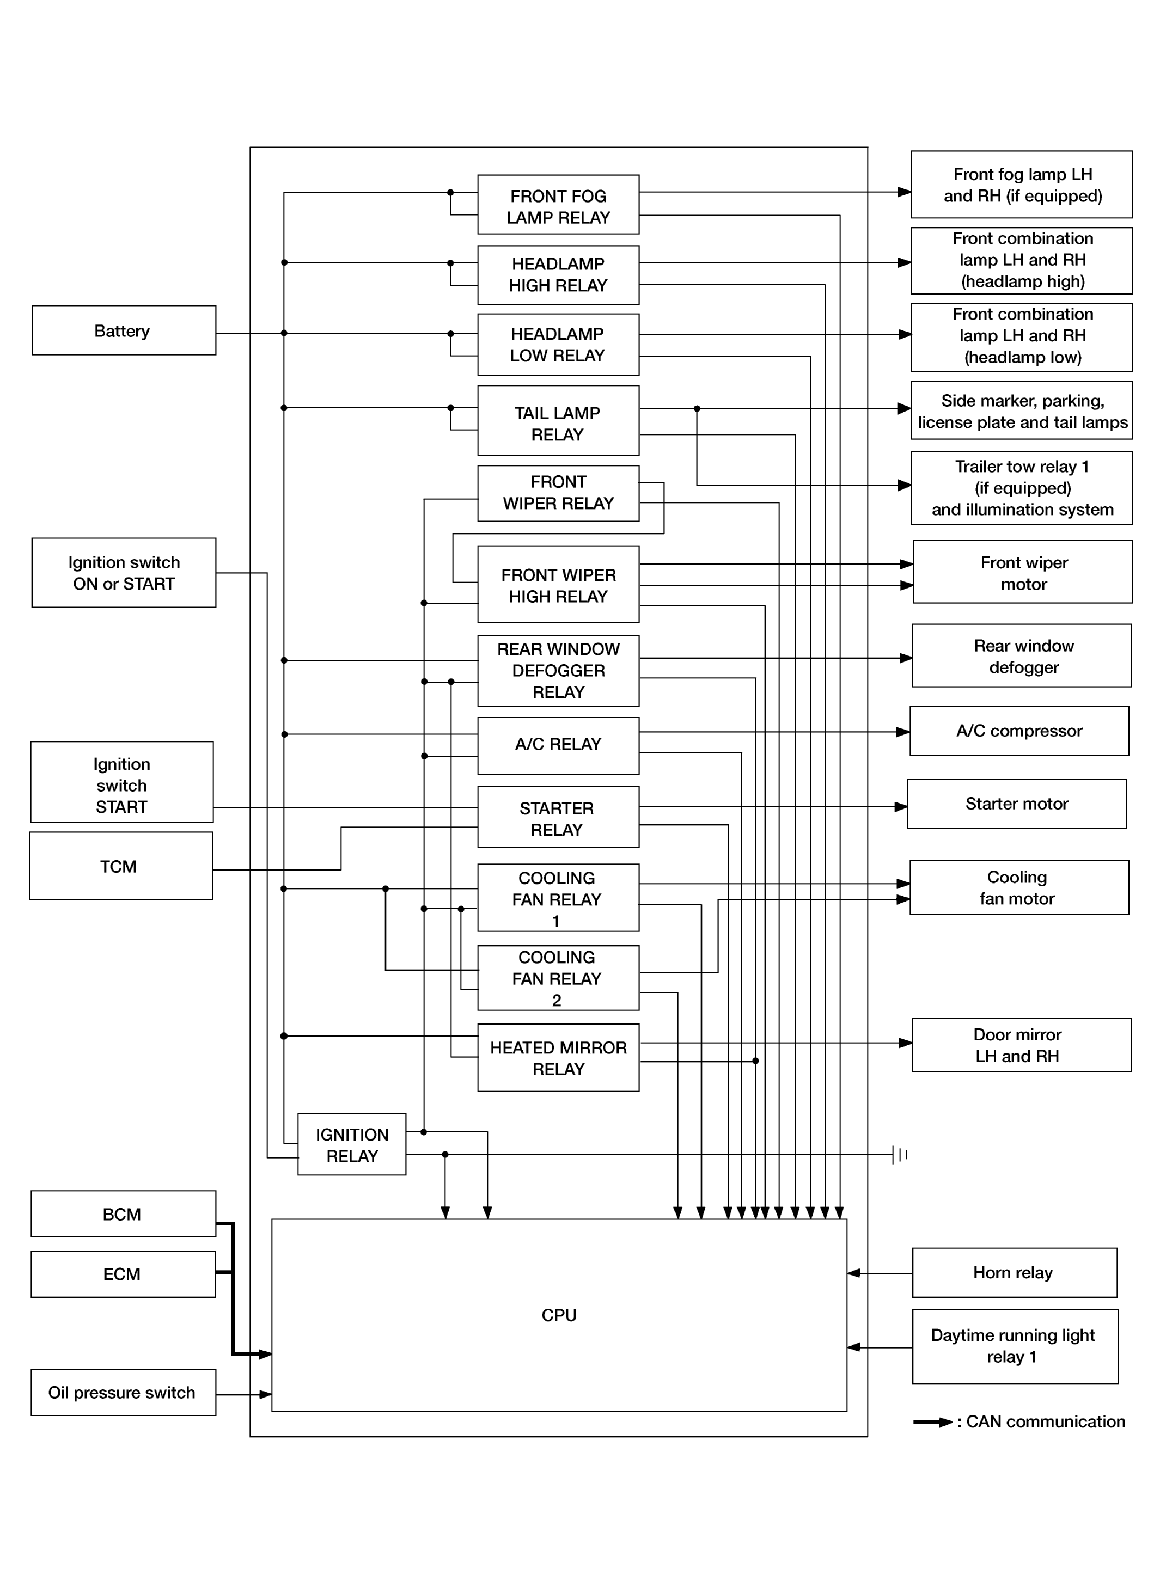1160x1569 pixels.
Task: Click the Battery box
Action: (124, 330)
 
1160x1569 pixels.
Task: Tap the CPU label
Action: (559, 1315)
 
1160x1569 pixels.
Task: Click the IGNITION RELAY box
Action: (352, 1145)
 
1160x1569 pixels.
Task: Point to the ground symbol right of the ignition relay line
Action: (900, 1155)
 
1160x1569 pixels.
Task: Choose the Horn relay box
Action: (1014, 1273)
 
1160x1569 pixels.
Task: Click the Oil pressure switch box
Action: (123, 1392)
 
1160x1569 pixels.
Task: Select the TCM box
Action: (121, 866)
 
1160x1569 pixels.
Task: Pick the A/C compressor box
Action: (1019, 731)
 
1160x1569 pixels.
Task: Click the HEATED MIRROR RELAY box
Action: (558, 1058)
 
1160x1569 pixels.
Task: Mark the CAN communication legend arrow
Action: (933, 1422)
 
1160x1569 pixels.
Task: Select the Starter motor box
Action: (1017, 804)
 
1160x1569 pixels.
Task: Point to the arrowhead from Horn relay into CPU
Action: (854, 1273)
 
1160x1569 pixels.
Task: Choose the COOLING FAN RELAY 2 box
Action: (558, 978)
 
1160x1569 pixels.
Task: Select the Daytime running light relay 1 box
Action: (1015, 1346)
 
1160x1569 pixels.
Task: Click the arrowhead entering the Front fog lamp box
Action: (905, 192)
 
